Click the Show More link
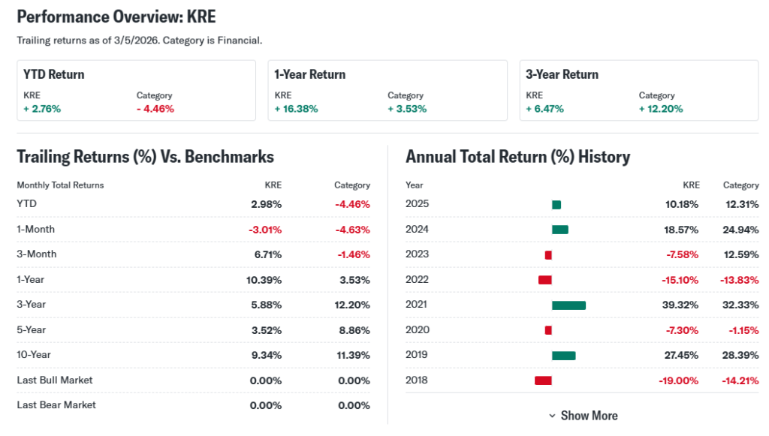pyautogui.click(x=583, y=416)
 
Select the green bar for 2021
pyautogui.click(x=568, y=305)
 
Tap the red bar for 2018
pyautogui.click(x=543, y=380)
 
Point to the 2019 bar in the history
pyautogui.click(x=563, y=355)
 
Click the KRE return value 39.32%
pyautogui.click(x=682, y=305)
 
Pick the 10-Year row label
pyautogui.click(x=34, y=354)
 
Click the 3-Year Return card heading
pyautogui.click(x=562, y=74)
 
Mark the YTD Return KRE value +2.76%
pyautogui.click(x=42, y=109)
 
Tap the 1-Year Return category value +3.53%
pyautogui.click(x=407, y=109)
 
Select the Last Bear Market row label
pyautogui.click(x=56, y=405)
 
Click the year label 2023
pyautogui.click(x=417, y=254)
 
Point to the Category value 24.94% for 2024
pyautogui.click(x=740, y=230)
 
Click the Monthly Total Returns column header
pyautogui.click(x=60, y=185)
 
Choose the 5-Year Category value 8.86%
pyautogui.click(x=353, y=329)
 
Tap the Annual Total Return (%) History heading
pyautogui.click(x=517, y=157)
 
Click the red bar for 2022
pyautogui.click(x=545, y=280)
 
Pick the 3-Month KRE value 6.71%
pyautogui.click(x=267, y=254)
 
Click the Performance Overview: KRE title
pyautogui.click(x=116, y=17)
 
